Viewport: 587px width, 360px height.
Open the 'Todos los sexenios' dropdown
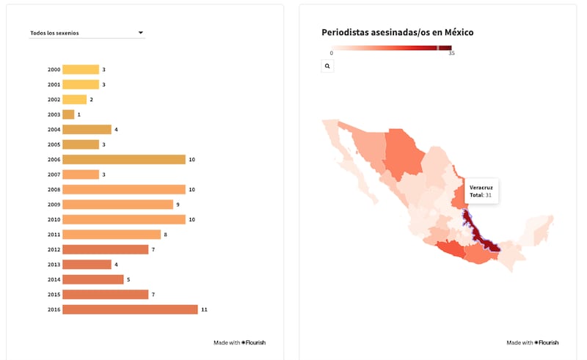click(x=87, y=33)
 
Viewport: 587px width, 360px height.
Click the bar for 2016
click(x=130, y=309)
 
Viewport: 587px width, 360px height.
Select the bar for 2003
click(x=68, y=114)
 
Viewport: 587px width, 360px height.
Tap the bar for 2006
click(x=123, y=159)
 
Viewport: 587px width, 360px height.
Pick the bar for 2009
click(x=117, y=205)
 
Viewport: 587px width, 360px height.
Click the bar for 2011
click(x=112, y=235)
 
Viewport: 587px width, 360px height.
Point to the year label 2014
click(x=54, y=279)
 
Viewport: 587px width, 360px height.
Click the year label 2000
click(x=54, y=70)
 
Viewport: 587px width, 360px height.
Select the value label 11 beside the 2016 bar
click(x=204, y=309)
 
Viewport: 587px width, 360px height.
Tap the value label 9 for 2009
click(x=178, y=205)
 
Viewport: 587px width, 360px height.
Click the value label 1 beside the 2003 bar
click(x=79, y=114)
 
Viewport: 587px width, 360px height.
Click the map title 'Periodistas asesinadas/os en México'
click(x=397, y=33)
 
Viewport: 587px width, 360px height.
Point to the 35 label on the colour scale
click(x=451, y=54)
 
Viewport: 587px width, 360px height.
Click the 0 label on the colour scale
click(x=332, y=54)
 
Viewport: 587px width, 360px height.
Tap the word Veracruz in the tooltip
click(x=481, y=188)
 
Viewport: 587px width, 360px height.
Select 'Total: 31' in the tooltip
click(x=481, y=195)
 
